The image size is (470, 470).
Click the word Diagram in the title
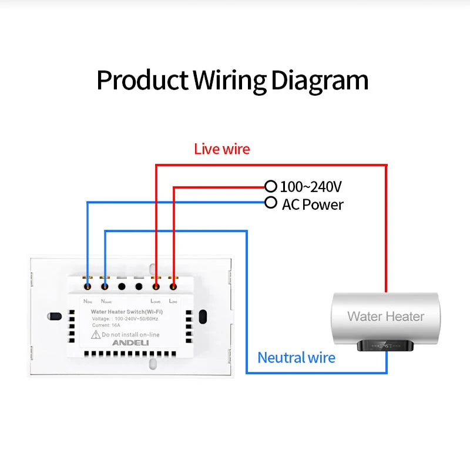[x=319, y=80]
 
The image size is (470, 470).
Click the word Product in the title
[x=142, y=80]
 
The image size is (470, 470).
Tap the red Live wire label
[x=221, y=149]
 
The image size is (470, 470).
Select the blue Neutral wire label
[x=296, y=357]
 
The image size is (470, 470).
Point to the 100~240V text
[x=311, y=187]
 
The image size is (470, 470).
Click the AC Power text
[x=313, y=204]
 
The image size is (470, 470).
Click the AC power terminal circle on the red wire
[x=270, y=186]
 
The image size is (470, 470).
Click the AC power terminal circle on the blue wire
[x=270, y=203]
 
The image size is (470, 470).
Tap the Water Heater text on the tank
[x=385, y=316]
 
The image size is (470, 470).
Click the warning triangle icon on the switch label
[x=95, y=334]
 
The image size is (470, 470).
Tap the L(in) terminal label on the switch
[x=173, y=301]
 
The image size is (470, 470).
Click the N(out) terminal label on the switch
[x=105, y=301]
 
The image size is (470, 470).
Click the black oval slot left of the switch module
[x=55, y=315]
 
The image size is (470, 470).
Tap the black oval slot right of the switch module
[x=203, y=315]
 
